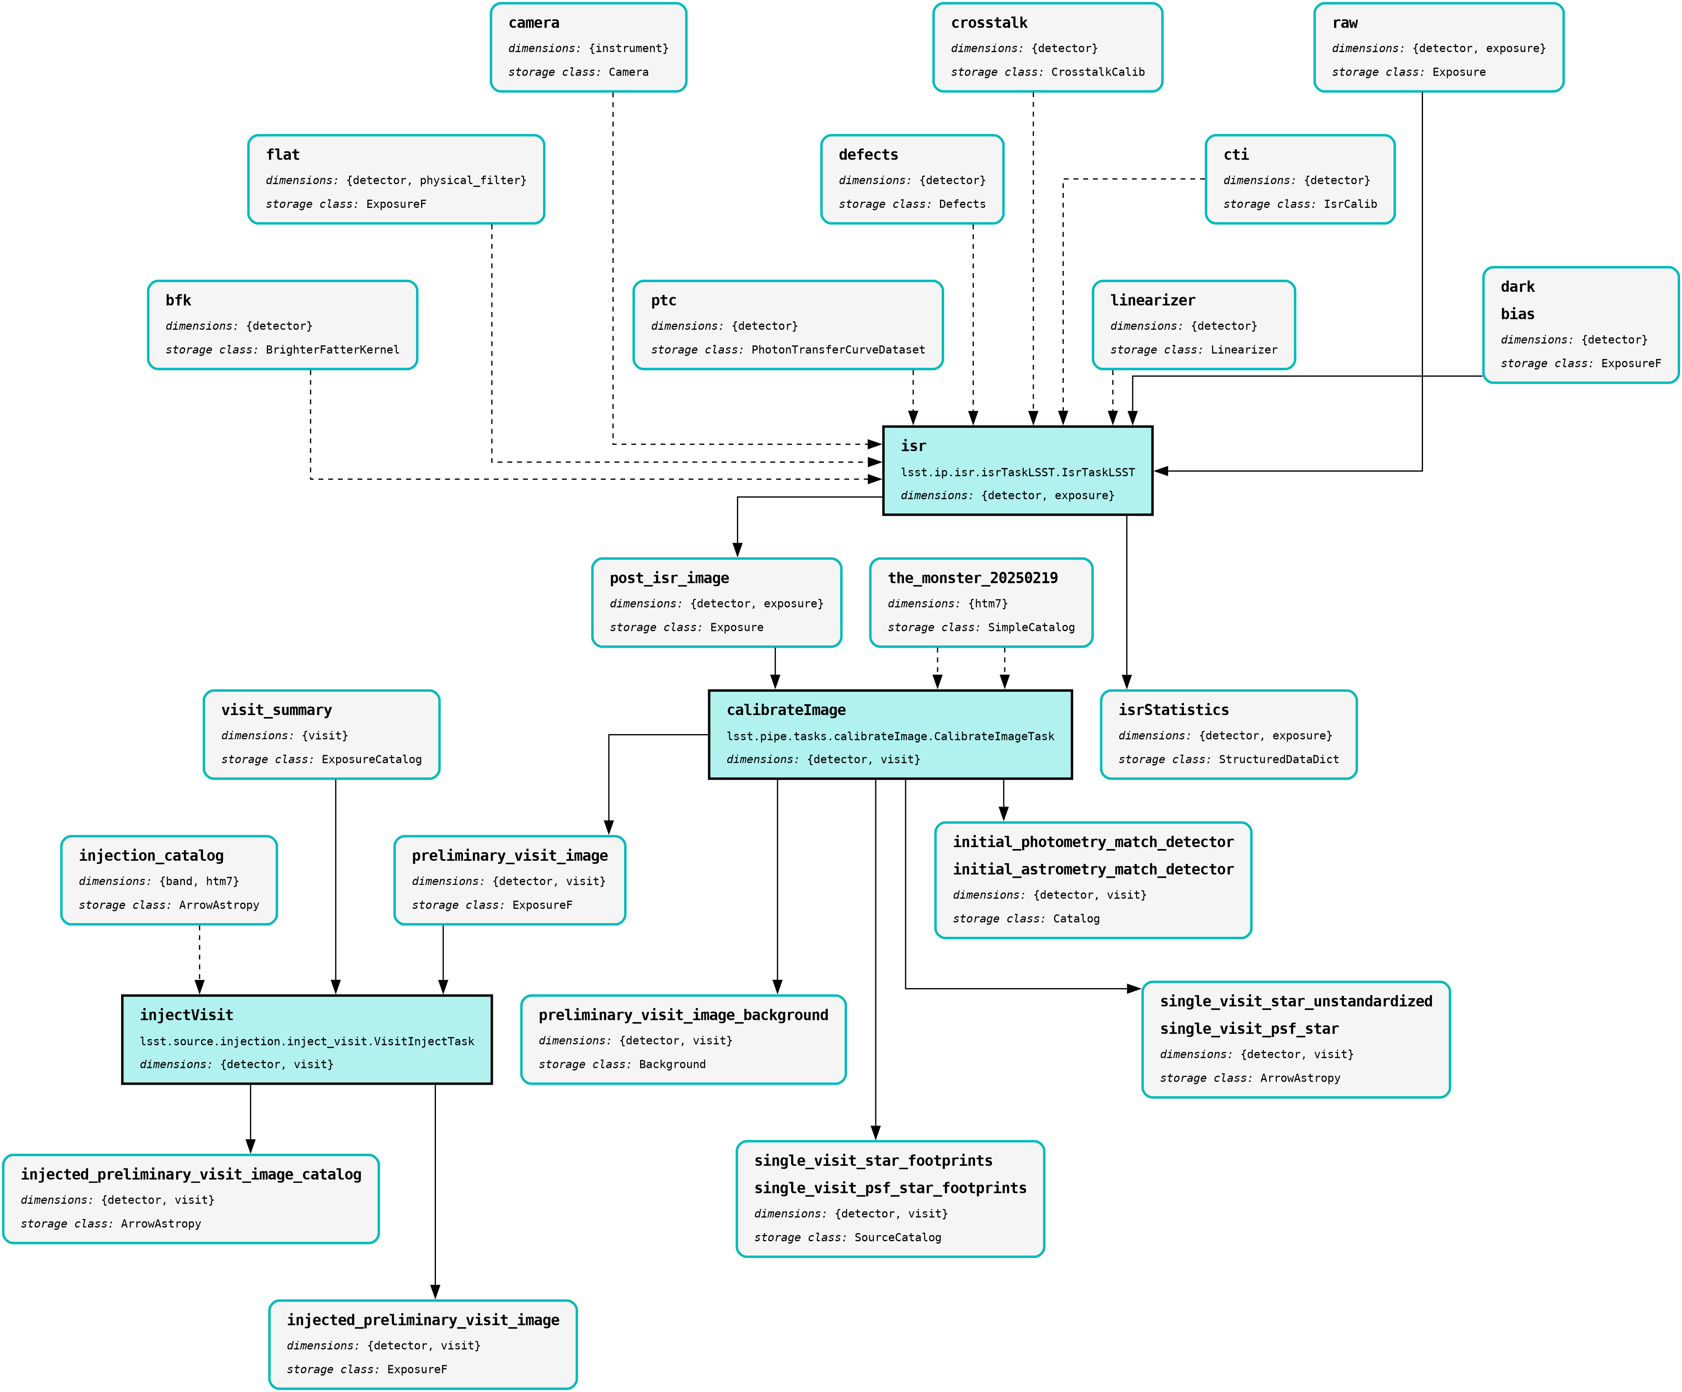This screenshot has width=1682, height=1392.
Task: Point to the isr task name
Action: pos(913,446)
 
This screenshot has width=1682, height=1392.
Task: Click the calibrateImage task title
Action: pos(786,710)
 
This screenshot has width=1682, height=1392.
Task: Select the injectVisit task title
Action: pos(187,1015)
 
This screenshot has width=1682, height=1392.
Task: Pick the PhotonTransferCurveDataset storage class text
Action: pos(838,350)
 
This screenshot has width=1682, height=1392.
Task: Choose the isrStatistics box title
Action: pos(1173,710)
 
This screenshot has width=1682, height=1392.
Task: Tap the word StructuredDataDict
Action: pos(1278,759)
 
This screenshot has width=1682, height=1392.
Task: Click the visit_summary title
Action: pos(276,710)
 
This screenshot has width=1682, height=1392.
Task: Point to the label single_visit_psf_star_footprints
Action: pos(890,1188)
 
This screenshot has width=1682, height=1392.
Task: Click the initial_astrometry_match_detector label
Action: pos(1093,869)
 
